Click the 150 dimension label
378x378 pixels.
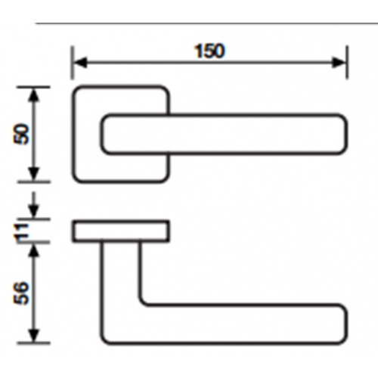tap(209, 51)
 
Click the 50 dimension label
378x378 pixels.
tap(22, 134)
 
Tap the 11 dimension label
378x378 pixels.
tap(22, 233)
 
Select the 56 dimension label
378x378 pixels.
tap(22, 293)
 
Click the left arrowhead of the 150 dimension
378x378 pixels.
tap(81, 62)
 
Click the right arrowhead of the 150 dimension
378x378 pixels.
tap(339, 62)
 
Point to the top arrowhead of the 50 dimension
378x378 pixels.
tap(35, 95)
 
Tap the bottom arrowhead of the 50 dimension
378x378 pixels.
tap(35, 174)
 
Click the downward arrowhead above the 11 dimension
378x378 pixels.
tap(35, 211)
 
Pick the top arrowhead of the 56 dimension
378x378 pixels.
tap(35, 251)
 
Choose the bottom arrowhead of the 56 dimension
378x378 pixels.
tap(35, 336)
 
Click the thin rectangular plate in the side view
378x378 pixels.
tap(121, 231)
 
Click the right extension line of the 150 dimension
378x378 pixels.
tap(348, 62)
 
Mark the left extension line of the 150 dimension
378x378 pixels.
tap(73, 62)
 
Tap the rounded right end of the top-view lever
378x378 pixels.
tap(345, 134)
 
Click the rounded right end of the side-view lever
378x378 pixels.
tap(345, 324)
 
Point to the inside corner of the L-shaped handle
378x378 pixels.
tap(144, 302)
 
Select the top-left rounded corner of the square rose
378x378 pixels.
tap(77, 91)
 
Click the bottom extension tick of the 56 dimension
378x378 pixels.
tap(33, 343)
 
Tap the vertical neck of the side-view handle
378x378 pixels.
tap(120, 272)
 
